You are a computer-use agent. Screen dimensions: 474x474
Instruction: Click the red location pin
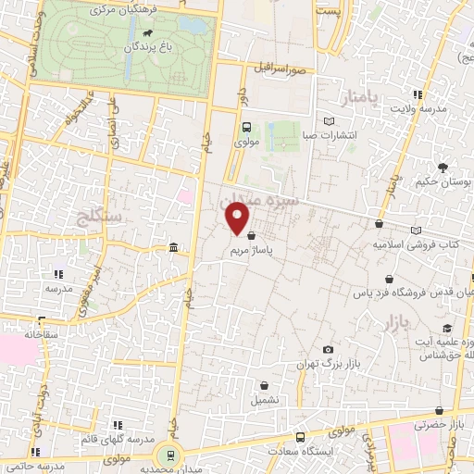239,218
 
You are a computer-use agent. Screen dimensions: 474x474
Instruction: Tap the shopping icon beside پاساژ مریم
252,235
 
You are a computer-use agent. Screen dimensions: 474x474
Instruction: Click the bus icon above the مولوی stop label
246,128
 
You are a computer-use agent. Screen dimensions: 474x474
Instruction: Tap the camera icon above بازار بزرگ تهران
328,349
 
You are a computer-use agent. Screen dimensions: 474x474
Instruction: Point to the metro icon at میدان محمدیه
168,455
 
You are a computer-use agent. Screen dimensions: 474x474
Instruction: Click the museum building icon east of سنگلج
174,247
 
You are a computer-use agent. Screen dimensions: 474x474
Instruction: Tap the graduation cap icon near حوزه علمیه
446,329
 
